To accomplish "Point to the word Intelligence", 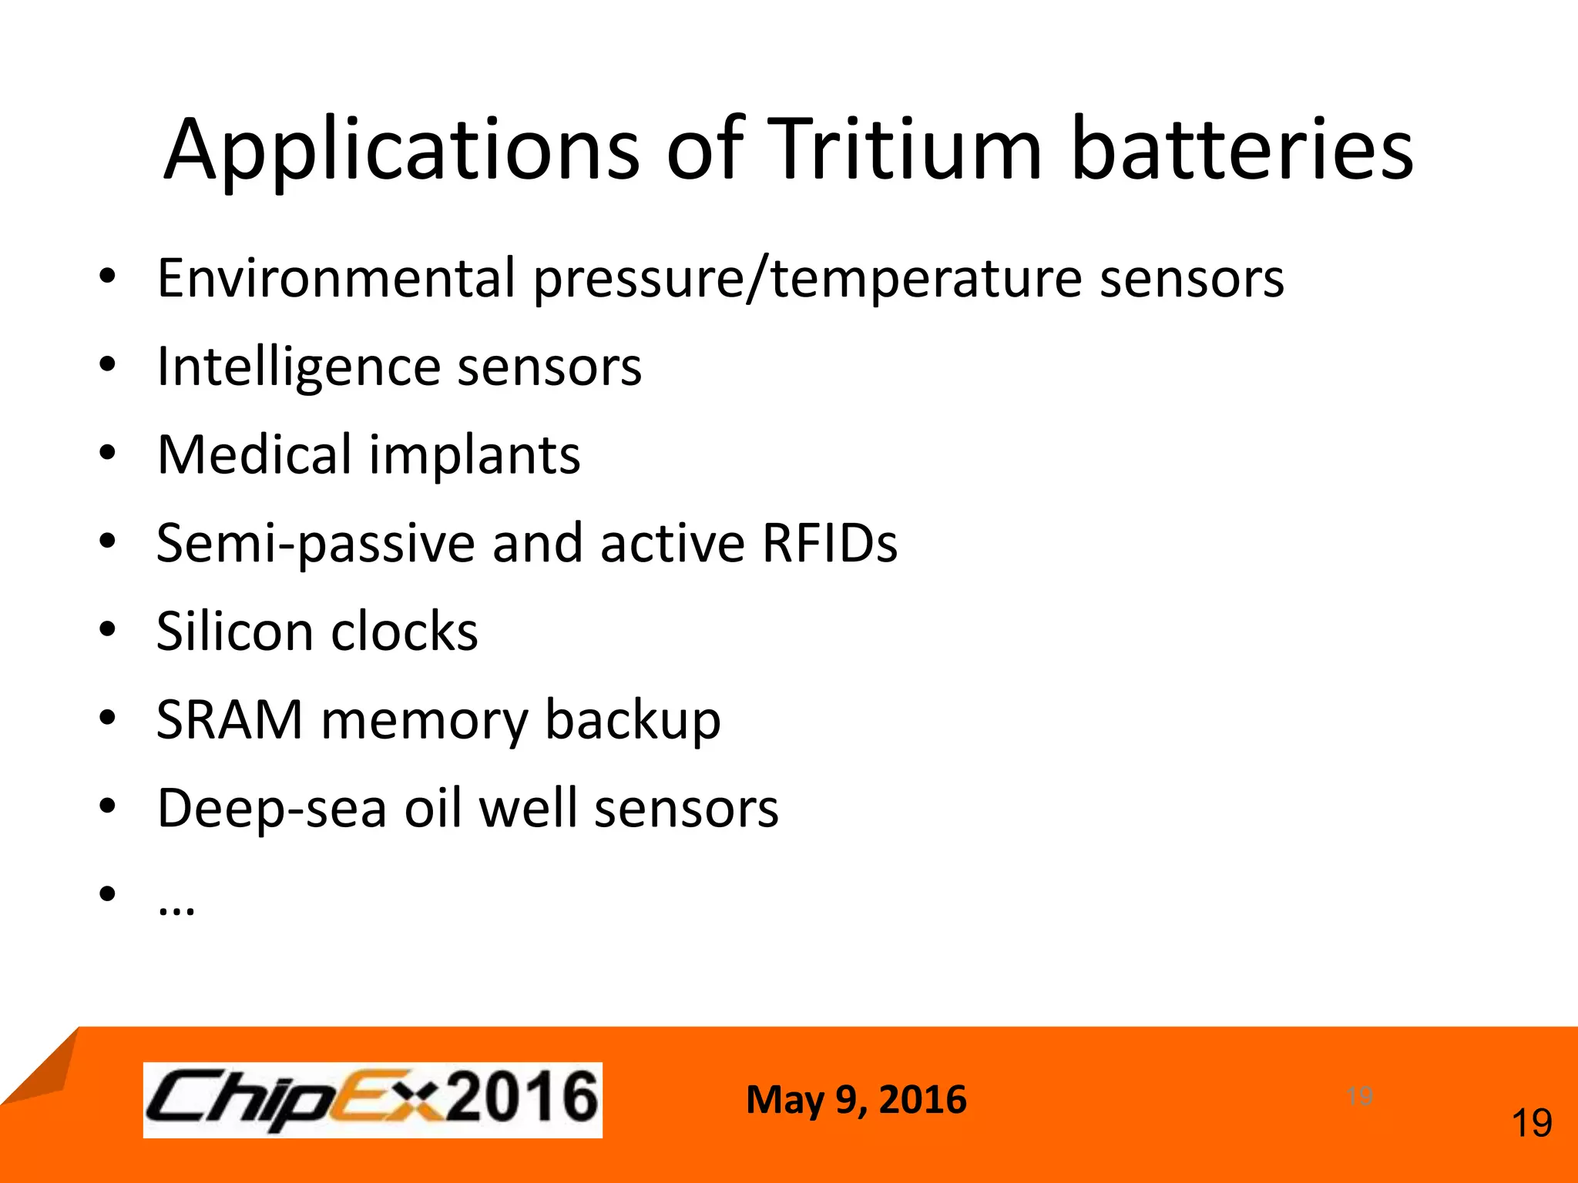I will pos(297,367).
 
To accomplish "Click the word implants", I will pos(475,456).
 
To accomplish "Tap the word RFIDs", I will pos(829,542).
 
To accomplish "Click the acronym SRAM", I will pos(230,719).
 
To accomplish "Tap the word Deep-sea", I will pos(271,809).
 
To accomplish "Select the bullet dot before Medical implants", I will pos(107,453).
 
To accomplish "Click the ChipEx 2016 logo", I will pos(372,1099).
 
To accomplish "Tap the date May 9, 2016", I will pos(856,1099).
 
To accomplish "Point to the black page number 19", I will pos(1532,1123).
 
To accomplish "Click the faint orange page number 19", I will pos(1359,1095).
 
